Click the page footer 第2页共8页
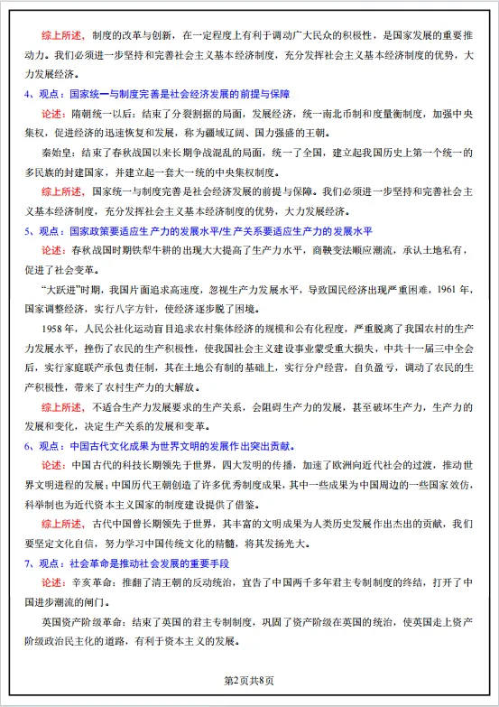click(x=248, y=679)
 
